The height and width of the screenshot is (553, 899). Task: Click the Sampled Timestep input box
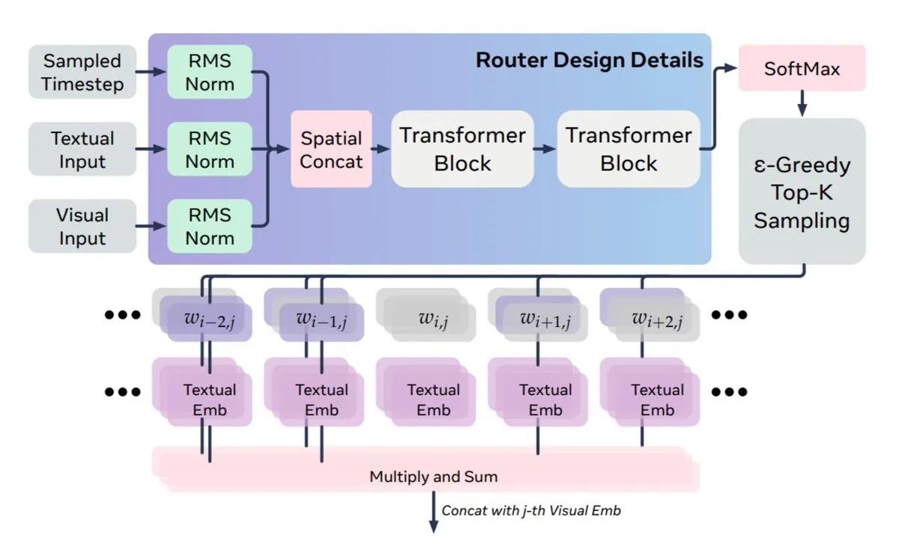click(82, 72)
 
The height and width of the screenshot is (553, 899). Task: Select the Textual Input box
click(82, 150)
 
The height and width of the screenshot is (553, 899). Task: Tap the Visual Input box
click(82, 227)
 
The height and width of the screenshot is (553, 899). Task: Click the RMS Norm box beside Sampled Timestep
click(210, 72)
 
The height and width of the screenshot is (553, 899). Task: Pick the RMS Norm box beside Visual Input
click(210, 227)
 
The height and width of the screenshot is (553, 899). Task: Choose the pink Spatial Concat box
click(331, 150)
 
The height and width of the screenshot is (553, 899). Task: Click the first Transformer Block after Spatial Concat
click(462, 150)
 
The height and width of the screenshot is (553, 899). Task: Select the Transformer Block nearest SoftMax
click(629, 150)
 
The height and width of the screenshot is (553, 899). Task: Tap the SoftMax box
click(802, 70)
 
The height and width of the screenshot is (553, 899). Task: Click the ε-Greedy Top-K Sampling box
click(802, 192)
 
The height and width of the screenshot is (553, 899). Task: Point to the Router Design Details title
click(590, 60)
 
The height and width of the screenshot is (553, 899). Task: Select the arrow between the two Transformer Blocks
click(545, 150)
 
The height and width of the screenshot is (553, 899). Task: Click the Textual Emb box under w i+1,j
click(545, 400)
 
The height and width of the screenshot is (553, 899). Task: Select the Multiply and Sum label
click(433, 476)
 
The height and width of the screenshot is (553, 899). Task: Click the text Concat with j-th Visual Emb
click(531, 511)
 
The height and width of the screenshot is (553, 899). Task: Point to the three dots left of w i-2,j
click(122, 315)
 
